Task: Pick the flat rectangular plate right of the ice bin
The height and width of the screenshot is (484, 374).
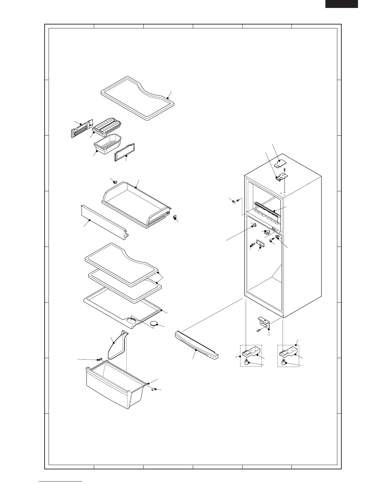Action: pos(124,152)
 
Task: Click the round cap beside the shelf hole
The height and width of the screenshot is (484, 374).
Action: pos(156,324)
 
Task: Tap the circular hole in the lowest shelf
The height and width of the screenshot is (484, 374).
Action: pos(132,321)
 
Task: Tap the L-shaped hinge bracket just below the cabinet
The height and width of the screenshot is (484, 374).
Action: pos(263,322)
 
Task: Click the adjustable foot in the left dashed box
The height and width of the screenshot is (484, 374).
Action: pos(249,363)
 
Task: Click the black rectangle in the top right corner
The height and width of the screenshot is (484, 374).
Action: pos(341,4)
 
